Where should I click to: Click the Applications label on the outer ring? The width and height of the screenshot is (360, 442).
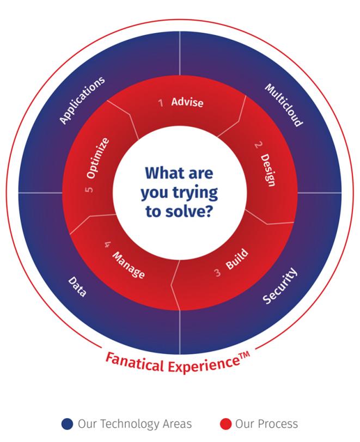click(82, 101)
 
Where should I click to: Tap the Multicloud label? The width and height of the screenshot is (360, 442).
click(283, 105)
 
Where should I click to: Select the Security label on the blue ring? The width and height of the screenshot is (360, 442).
click(280, 285)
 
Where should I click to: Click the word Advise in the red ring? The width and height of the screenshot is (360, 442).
click(187, 102)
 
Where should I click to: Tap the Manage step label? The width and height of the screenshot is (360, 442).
click(129, 265)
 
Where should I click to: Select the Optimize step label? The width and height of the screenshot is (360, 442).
click(99, 158)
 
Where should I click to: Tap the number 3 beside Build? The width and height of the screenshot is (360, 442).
click(217, 273)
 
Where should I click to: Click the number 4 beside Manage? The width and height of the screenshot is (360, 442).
click(107, 244)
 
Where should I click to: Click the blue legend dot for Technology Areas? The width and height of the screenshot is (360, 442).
click(68, 423)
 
